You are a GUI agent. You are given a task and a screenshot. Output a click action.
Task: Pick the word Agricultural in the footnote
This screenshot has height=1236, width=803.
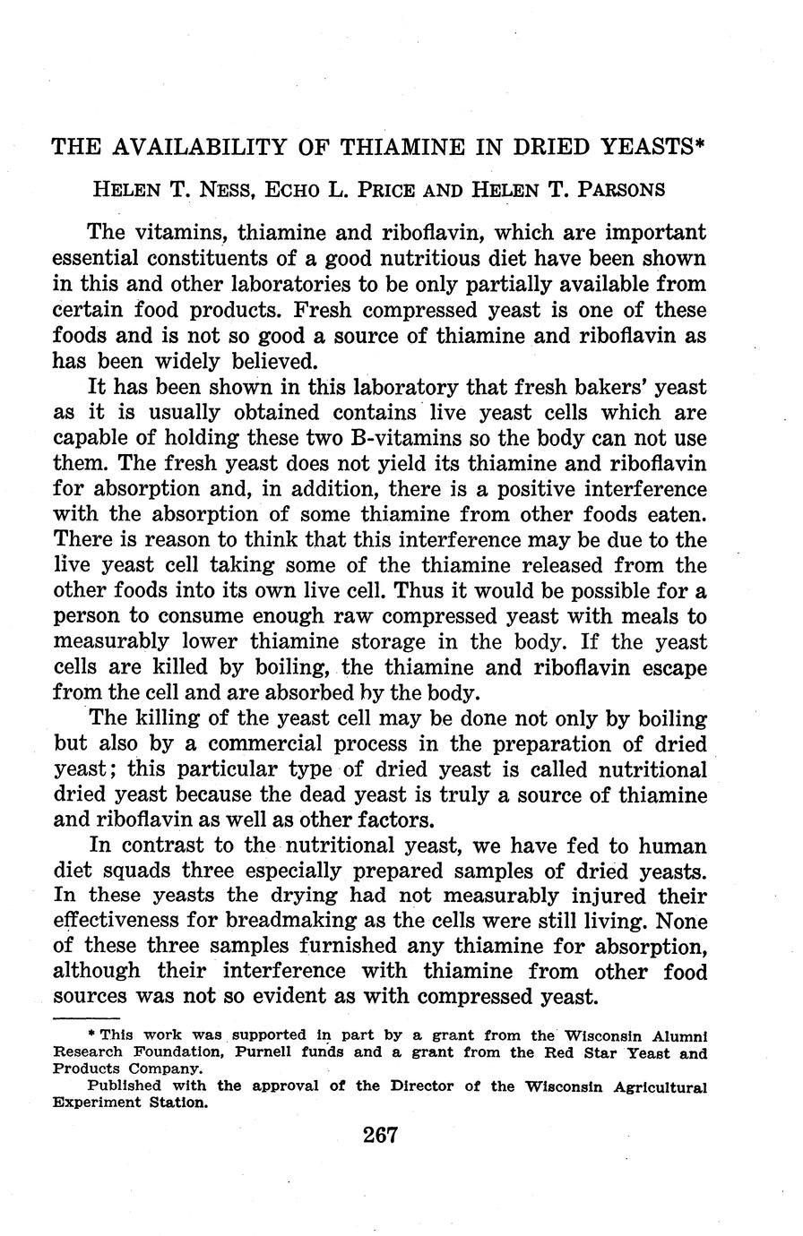[x=657, y=1086]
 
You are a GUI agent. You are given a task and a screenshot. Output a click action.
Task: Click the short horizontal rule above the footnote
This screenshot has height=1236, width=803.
[x=86, y=1018]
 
